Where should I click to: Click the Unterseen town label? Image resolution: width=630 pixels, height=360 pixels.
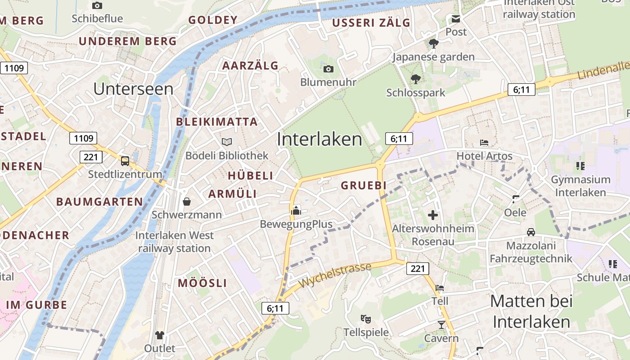(133, 89)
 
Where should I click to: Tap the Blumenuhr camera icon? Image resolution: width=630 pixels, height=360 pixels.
(328, 69)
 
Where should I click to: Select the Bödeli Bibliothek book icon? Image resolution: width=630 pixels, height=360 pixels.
(227, 142)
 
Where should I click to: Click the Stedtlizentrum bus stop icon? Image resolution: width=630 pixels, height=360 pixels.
(125, 161)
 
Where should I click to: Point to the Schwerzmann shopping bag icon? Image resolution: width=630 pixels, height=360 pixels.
(186, 201)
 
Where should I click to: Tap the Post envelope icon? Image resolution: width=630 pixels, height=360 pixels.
(456, 19)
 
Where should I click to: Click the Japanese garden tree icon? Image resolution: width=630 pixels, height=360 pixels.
(434, 44)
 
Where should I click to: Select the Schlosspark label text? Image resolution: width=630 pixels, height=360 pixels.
(415, 93)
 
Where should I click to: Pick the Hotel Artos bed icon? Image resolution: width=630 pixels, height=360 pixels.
(484, 143)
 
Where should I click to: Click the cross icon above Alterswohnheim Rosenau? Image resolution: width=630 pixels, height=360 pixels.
(433, 215)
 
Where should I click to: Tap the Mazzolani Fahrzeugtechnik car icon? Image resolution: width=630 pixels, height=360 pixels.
(531, 232)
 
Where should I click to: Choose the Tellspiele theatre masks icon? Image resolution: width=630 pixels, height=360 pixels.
(366, 319)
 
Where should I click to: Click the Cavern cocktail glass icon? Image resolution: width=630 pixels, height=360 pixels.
(441, 325)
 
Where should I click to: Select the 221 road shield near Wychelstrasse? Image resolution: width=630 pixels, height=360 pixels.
(418, 269)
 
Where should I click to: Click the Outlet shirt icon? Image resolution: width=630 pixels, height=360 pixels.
(160, 335)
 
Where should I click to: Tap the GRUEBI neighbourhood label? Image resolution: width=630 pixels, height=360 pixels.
(364, 185)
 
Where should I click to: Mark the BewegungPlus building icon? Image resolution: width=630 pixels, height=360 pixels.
(296, 210)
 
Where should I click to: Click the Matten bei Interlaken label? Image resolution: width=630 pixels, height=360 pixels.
(531, 311)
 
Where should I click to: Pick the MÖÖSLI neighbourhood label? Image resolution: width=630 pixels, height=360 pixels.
(202, 283)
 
